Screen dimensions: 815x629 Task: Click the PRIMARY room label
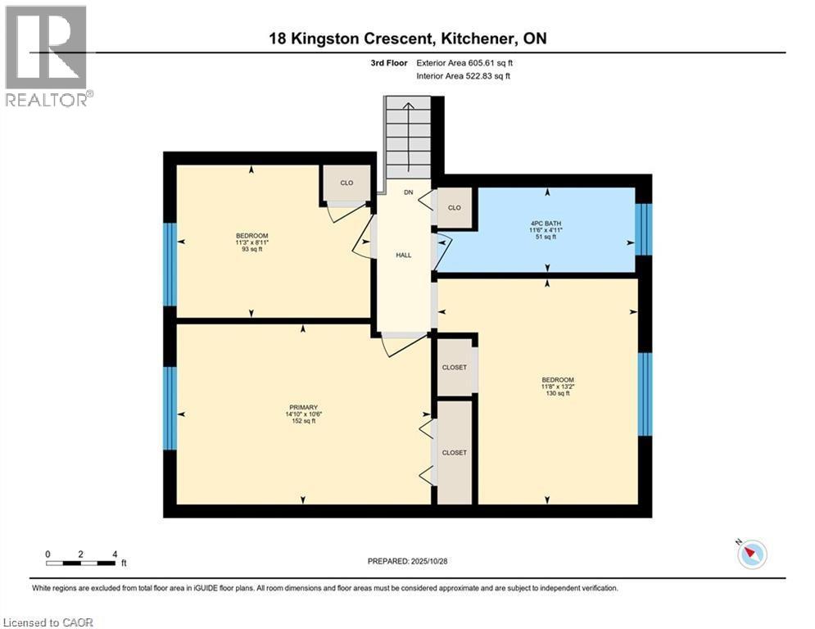[304, 408]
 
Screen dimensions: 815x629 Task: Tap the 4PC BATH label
[546, 224]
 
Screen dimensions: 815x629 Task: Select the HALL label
[404, 256]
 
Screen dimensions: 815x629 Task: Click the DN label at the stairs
[409, 192]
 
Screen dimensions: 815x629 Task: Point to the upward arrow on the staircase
[409, 138]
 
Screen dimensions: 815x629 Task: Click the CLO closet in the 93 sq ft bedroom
[346, 183]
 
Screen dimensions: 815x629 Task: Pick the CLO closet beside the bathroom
[455, 207]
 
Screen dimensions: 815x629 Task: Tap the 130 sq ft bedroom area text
[558, 393]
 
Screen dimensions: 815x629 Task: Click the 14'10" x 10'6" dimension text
[304, 414]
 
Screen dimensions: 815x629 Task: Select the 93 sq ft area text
[252, 249]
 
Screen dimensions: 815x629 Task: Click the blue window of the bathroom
[644, 229]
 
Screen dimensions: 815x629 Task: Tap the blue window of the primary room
[170, 408]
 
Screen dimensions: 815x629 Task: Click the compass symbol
[752, 554]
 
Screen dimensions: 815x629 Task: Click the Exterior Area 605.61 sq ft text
[464, 63]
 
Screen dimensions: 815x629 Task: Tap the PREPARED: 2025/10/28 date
[408, 561]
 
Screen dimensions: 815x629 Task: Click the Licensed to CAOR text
[48, 622]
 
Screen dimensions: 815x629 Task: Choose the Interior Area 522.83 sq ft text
[463, 76]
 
